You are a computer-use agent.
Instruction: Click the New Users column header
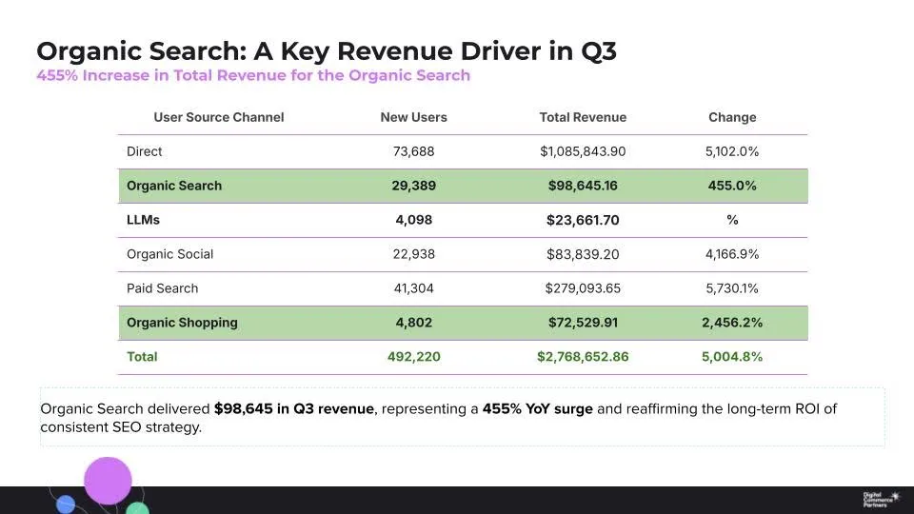pyautogui.click(x=413, y=117)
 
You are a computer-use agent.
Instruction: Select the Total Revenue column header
pyautogui.click(x=583, y=117)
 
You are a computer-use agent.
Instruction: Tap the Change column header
pyautogui.click(x=732, y=117)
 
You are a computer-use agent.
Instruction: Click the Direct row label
pyautogui.click(x=145, y=151)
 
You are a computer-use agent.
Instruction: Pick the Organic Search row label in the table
pyautogui.click(x=174, y=186)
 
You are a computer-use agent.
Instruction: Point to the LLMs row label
pyautogui.click(x=144, y=220)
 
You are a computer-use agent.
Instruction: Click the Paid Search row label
pyautogui.click(x=163, y=288)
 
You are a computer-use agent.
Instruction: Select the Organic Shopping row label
pyautogui.click(x=182, y=323)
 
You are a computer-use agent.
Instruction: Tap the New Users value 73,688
pyautogui.click(x=413, y=151)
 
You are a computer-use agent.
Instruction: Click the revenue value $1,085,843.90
pyautogui.click(x=583, y=151)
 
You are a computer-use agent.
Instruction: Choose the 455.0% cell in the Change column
pyautogui.click(x=732, y=186)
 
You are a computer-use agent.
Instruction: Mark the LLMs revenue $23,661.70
pyautogui.click(x=583, y=220)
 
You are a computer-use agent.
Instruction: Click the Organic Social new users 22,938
pyautogui.click(x=413, y=254)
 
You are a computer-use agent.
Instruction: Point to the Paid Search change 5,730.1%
pyautogui.click(x=732, y=288)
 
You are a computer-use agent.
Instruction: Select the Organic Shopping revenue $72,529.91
pyautogui.click(x=583, y=323)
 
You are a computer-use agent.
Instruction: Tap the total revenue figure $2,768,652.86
pyautogui.click(x=583, y=357)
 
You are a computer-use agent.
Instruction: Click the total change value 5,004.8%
pyautogui.click(x=732, y=357)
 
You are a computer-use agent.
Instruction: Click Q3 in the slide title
pyautogui.click(x=593, y=50)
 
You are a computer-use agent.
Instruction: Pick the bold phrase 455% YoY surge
pyautogui.click(x=538, y=409)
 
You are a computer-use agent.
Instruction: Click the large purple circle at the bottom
pyautogui.click(x=108, y=481)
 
